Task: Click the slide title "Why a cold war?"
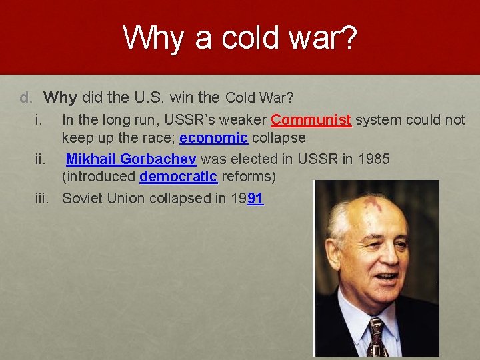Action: (x=240, y=38)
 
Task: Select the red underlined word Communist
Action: (x=311, y=120)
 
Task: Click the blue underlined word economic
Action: (x=213, y=138)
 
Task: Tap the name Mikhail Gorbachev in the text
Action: (x=131, y=159)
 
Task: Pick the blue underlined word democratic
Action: (x=178, y=177)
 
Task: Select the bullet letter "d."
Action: (x=26, y=97)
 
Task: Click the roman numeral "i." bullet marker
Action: (x=39, y=120)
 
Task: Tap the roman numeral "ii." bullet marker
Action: (x=39, y=159)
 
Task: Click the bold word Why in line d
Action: (x=61, y=97)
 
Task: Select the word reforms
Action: (x=249, y=177)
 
